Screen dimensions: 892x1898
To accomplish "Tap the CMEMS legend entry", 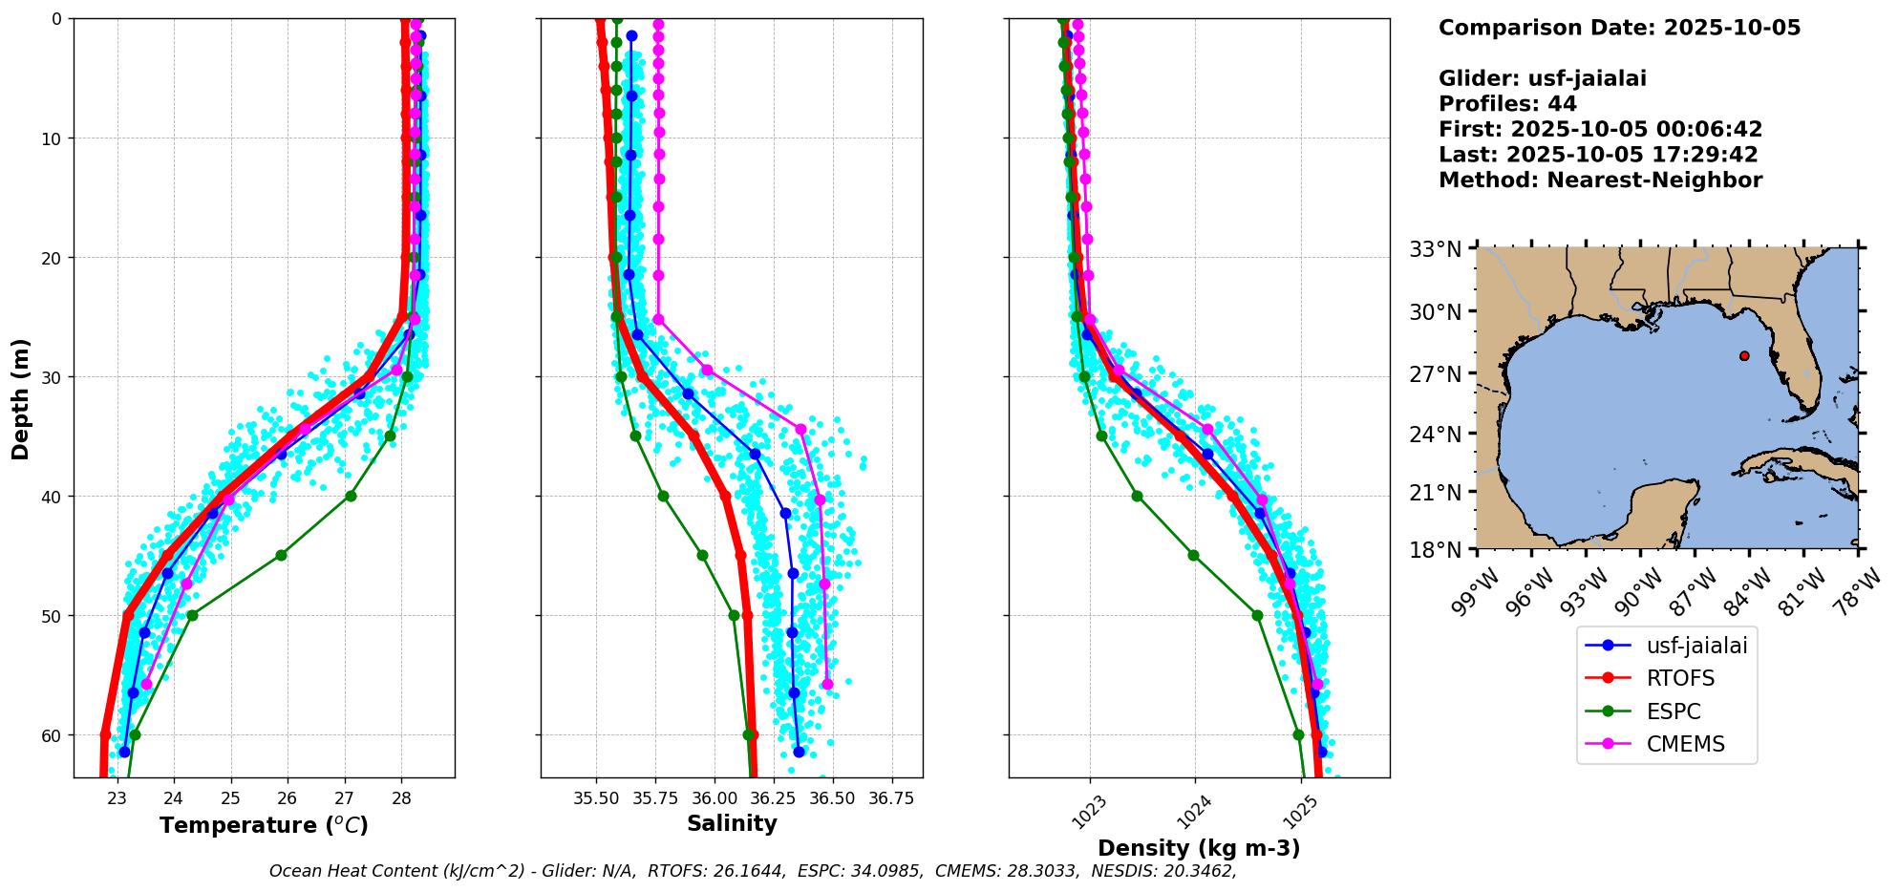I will pos(1685,744).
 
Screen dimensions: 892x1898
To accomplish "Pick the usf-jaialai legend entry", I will pos(1695,646).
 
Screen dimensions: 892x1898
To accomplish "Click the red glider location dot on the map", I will pos(1744,355).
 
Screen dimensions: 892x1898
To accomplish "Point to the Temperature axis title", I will pos(264,825).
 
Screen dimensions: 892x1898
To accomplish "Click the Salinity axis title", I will pos(732,823).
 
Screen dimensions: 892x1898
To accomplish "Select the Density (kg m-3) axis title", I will pos(1199,848).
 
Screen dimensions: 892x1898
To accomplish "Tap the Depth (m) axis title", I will pos(21,398).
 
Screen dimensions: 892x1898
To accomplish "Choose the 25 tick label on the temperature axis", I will pos(230,797).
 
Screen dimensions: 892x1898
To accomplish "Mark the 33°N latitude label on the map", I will pos(1436,250).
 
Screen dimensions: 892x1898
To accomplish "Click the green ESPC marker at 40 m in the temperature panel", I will pos(351,496).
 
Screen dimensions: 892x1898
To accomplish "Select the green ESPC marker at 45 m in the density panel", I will pos(1193,555).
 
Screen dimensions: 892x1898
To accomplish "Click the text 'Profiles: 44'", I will pos(1507,104).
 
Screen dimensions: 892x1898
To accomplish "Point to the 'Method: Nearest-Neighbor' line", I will pos(1600,181).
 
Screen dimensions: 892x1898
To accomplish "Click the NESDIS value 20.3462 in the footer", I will pos(1195,871).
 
